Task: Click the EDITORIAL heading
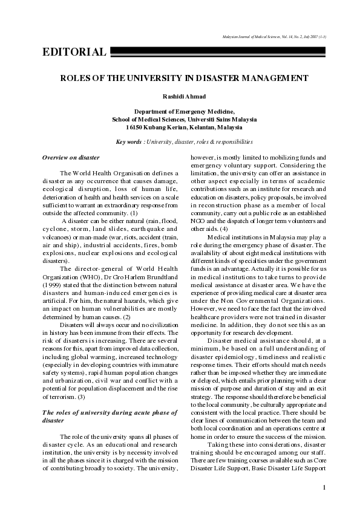point(74,52)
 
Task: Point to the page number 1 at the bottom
point(324,487)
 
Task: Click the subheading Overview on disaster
point(71,157)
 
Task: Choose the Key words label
point(129,142)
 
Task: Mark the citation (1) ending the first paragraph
point(134,213)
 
